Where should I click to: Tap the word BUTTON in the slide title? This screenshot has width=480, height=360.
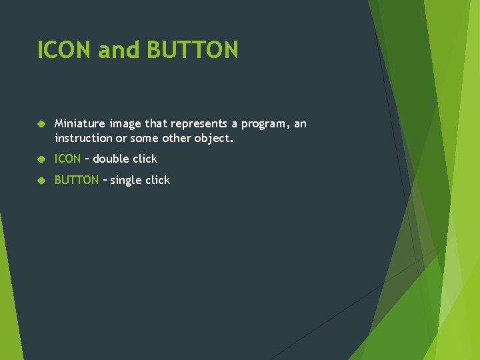pos(192,50)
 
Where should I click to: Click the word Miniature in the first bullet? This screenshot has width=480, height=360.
pos(80,123)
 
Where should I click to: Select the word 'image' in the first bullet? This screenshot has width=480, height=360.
pos(125,124)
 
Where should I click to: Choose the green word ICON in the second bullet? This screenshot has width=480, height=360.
pos(67,159)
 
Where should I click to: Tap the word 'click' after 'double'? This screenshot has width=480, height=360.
pos(145,159)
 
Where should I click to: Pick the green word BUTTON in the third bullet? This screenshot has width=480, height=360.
pos(76,180)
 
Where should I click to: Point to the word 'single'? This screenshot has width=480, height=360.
pos(127,180)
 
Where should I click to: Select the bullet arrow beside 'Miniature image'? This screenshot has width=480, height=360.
pos(41,124)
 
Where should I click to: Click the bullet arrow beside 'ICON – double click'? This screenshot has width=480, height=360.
pos(41,159)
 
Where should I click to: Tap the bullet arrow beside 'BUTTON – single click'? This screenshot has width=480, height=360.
pos(41,180)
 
